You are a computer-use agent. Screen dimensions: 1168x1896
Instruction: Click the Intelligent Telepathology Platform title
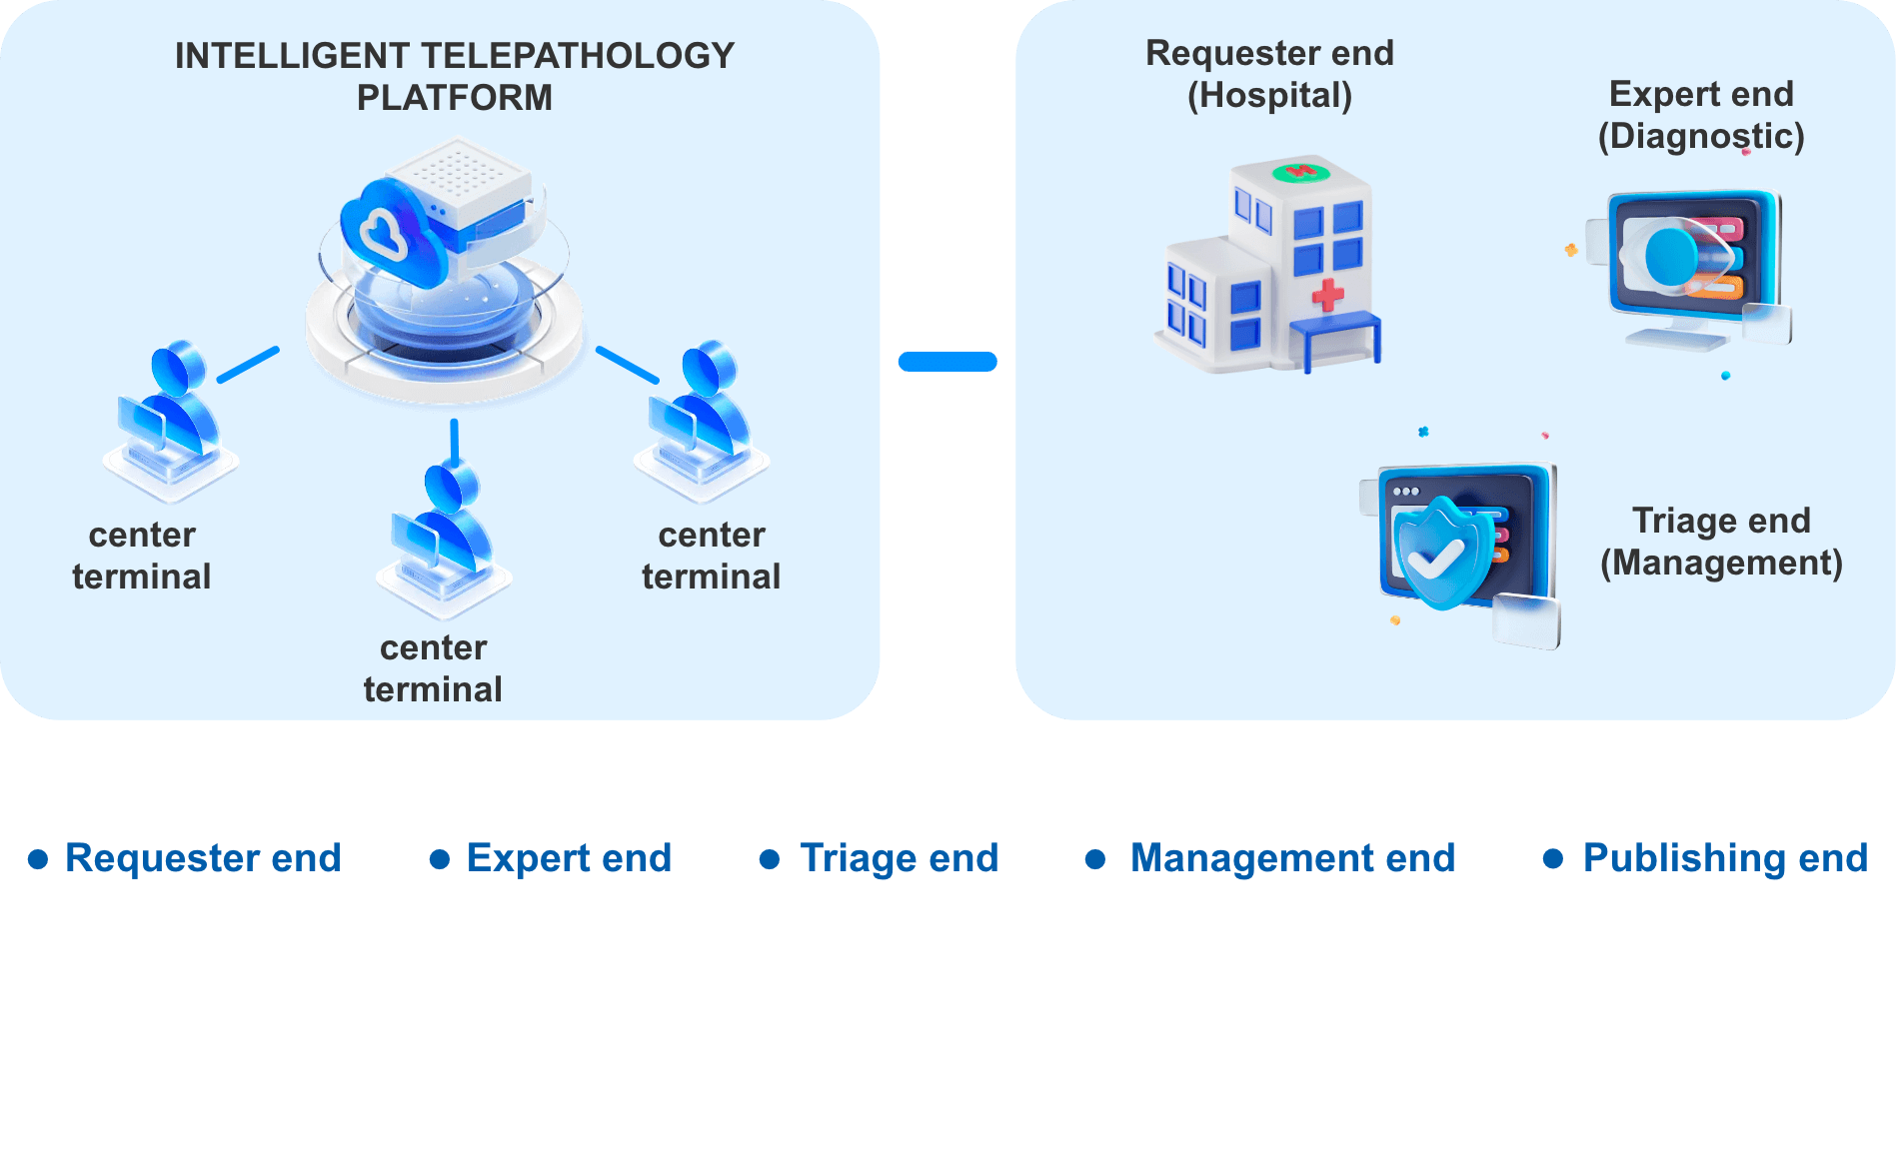click(455, 77)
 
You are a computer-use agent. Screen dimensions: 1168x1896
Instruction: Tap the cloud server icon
click(445, 270)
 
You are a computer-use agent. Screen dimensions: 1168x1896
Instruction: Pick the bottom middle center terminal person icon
click(445, 540)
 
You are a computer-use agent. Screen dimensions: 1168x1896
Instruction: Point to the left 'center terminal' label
click(142, 556)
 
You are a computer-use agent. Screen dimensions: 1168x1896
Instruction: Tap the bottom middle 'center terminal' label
click(433, 668)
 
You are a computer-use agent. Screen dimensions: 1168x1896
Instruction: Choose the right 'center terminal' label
click(712, 556)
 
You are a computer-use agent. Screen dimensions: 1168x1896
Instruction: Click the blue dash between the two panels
click(948, 362)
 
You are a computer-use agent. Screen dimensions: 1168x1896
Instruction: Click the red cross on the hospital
click(1327, 295)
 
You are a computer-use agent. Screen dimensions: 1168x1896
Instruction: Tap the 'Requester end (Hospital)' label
click(1269, 74)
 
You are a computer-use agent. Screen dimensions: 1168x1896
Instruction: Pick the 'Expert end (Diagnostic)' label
click(1701, 115)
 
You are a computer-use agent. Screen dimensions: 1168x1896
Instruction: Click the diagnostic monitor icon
click(1689, 265)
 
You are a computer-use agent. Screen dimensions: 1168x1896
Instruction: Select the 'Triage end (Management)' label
click(1721, 542)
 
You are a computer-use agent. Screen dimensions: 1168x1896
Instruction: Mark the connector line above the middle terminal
click(455, 442)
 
